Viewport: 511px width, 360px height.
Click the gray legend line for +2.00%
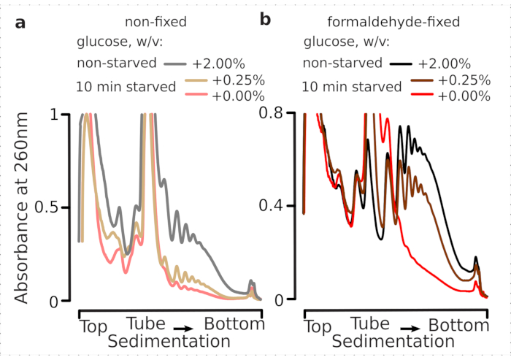click(x=176, y=64)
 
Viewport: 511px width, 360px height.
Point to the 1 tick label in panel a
click(x=63, y=114)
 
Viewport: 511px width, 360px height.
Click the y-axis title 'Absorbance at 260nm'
click(x=23, y=207)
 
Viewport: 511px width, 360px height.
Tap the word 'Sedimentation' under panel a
click(x=169, y=341)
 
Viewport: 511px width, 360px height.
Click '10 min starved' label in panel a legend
click(x=126, y=87)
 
